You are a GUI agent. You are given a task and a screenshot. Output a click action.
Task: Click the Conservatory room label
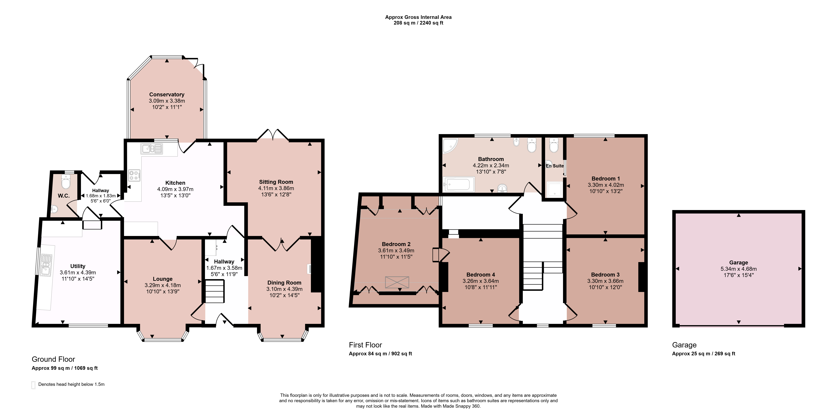tap(167, 95)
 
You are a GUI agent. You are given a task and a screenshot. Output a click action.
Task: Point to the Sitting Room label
tap(276, 182)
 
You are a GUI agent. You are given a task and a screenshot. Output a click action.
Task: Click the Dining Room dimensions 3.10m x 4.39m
tap(284, 289)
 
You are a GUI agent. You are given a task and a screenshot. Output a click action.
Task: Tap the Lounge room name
tap(163, 279)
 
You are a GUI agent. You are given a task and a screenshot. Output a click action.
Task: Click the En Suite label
tap(555, 166)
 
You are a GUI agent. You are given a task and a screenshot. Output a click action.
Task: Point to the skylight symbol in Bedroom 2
tap(397, 282)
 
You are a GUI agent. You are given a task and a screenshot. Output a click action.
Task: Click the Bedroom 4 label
tap(481, 275)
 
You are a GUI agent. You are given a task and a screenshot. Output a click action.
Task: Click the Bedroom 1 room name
tap(606, 178)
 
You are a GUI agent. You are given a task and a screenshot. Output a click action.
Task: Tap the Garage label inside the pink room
tap(739, 263)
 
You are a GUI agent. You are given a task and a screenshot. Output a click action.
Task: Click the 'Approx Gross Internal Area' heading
tap(418, 17)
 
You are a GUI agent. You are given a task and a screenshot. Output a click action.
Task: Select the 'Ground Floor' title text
tap(53, 359)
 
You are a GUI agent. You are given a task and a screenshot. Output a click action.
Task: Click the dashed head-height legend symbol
tap(33, 385)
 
